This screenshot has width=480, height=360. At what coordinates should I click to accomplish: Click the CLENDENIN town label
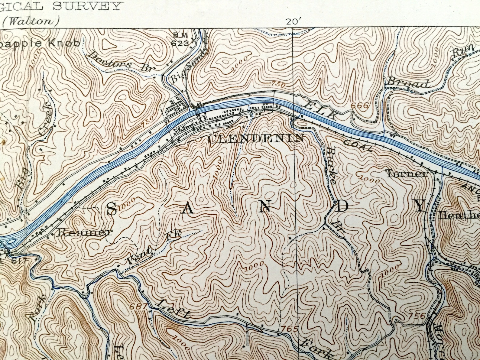[x=256, y=138]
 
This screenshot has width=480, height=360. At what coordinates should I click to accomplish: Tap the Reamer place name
[x=85, y=232]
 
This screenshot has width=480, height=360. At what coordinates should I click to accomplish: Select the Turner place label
[x=407, y=174]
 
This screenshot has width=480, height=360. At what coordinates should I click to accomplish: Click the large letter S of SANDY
[x=112, y=209]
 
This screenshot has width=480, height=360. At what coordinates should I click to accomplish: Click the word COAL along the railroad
[x=357, y=145]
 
